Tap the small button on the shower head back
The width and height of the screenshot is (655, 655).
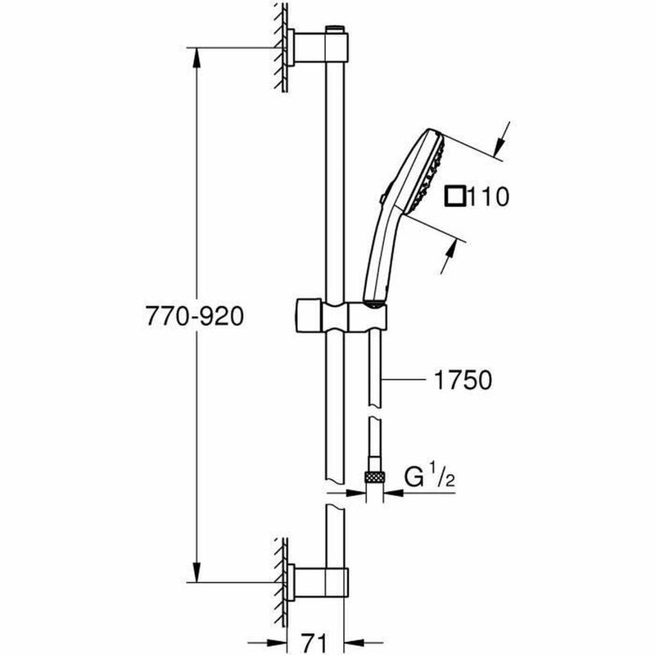[383, 196]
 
